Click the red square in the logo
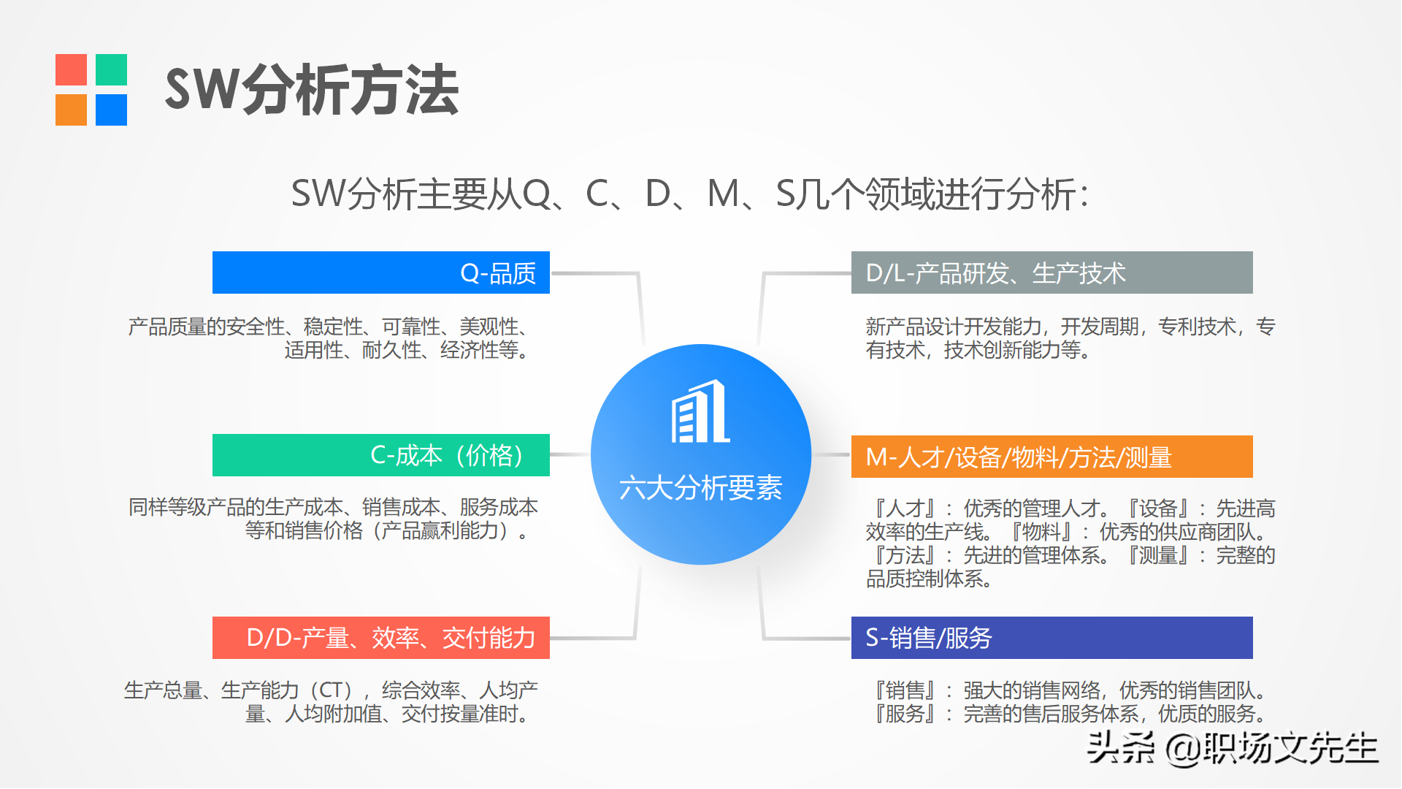coord(71,69)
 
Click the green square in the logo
coord(111,69)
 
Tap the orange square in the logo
coord(71,110)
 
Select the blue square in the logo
coord(111,110)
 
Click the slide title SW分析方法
coord(312,90)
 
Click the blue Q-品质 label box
coord(380,272)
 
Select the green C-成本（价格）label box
coord(380,455)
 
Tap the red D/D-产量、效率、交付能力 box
coord(380,638)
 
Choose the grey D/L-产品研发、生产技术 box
coord(1051,272)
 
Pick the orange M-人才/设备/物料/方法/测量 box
coord(1051,457)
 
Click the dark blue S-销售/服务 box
coord(1051,638)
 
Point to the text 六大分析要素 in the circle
coord(700,488)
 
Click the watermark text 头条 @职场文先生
coord(1232,747)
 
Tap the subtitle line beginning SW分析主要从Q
coord(690,194)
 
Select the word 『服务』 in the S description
coord(905,714)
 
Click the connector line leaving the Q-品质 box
coord(595,274)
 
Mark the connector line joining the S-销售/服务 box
coord(806,639)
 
